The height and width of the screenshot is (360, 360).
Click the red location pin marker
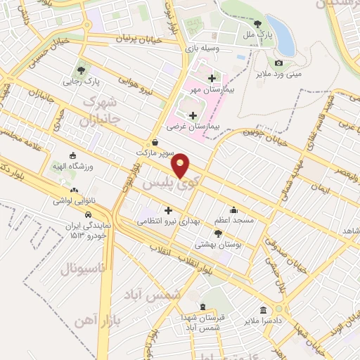tap(181, 165)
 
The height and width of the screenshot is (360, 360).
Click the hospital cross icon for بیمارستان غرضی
tap(193, 115)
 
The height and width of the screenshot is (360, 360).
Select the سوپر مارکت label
tap(155, 151)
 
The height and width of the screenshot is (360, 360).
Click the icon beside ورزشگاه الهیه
tap(72, 155)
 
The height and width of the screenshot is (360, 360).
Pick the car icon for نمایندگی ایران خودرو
tap(88, 214)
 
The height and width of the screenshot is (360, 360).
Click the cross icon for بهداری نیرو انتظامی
tap(167, 210)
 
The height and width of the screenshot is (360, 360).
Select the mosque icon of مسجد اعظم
tap(234, 210)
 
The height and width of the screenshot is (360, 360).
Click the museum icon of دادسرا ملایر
tap(263, 310)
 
